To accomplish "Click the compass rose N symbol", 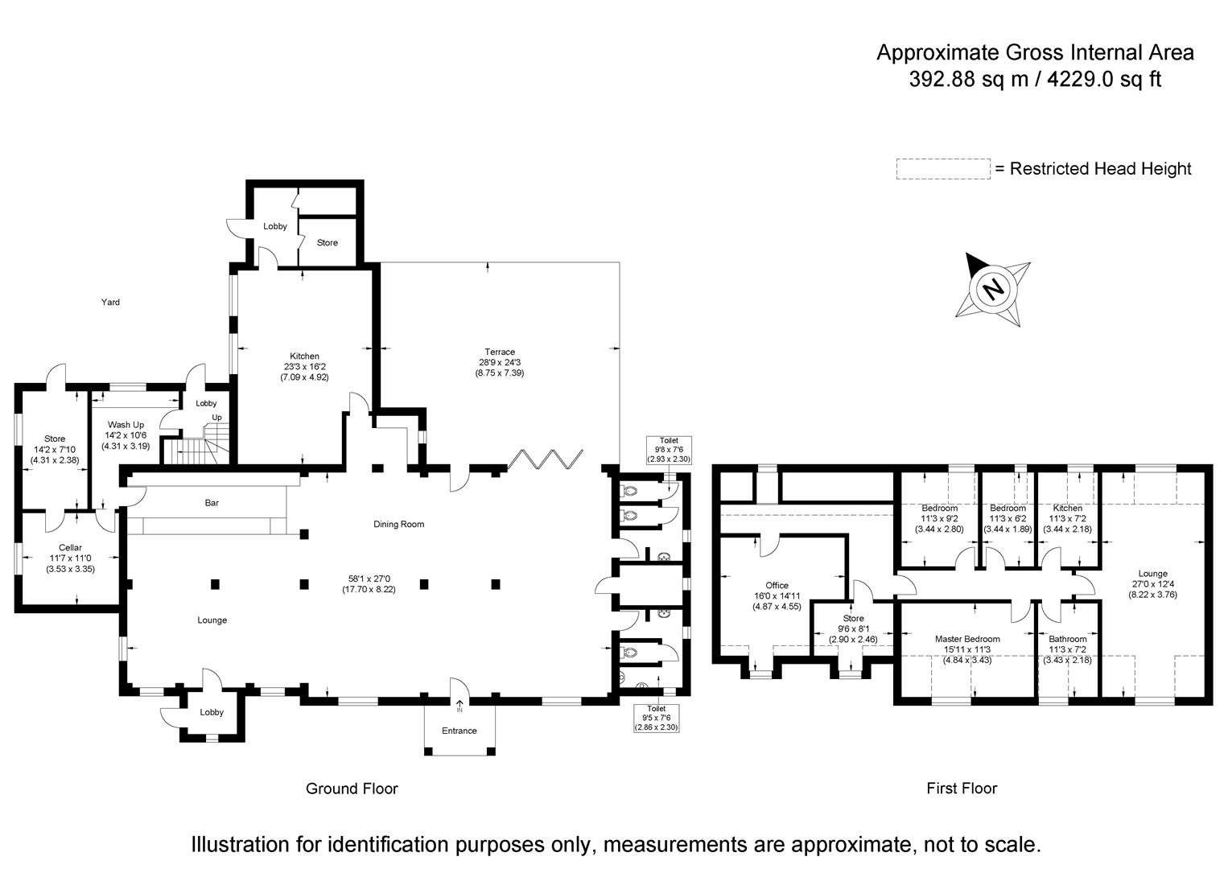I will tap(995, 288).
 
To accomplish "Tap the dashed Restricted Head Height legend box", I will tap(943, 169).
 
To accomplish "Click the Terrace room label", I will tap(499, 352).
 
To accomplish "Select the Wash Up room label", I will tap(126, 425).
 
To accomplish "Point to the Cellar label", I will tap(70, 548).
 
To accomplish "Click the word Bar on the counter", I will tap(212, 503).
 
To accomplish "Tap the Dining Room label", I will tap(398, 525).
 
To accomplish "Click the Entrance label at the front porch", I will tap(459, 731).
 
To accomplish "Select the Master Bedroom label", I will tap(967, 639).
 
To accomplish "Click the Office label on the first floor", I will tap(777, 586).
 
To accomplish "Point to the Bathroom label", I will tap(1067, 639).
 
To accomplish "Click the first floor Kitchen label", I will tap(1068, 509).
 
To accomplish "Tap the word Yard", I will tap(110, 303).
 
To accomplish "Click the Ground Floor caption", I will tap(352, 789).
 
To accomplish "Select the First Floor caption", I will tap(962, 789).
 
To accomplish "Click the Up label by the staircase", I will tap(216, 418).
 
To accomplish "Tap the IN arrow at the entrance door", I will tap(459, 706).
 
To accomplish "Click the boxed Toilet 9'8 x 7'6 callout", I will tap(669, 450).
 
